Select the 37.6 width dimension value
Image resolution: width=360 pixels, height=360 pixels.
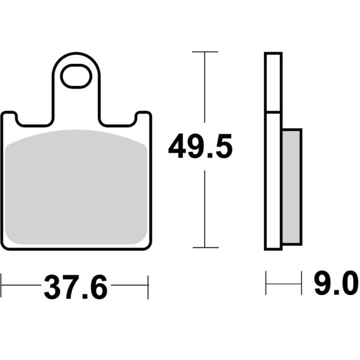click(x=75, y=289)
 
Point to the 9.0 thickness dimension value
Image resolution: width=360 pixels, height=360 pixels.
click(x=336, y=283)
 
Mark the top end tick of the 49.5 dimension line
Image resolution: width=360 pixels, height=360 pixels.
click(x=205, y=52)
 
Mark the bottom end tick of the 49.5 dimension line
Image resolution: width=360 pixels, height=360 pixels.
click(x=205, y=248)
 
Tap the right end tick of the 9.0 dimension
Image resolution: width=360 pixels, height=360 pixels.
click(x=300, y=283)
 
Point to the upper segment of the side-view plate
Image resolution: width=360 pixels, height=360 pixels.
click(x=272, y=83)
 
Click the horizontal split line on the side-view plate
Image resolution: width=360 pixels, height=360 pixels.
click(x=272, y=112)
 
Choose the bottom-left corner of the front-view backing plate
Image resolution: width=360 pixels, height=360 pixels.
click(x=5, y=245)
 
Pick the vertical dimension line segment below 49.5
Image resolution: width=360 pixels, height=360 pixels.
click(x=205, y=209)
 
